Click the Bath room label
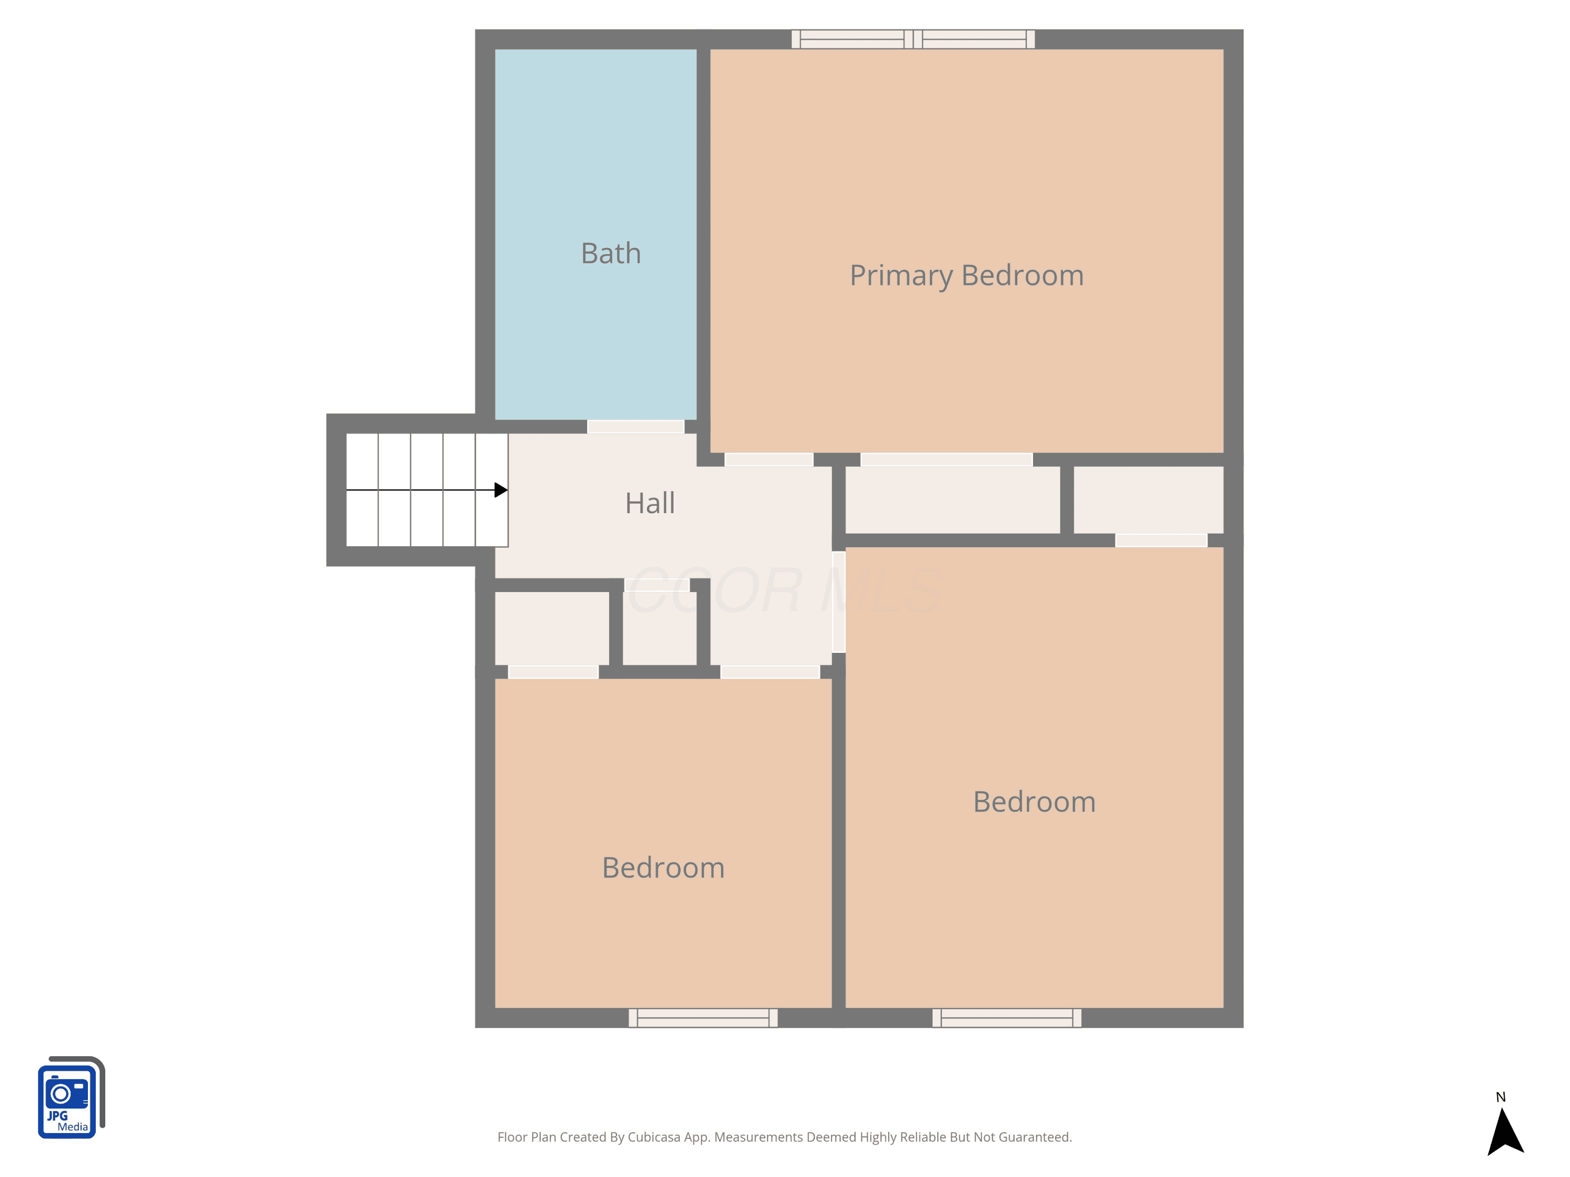[x=610, y=253]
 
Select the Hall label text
[x=649, y=503]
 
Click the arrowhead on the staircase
[x=500, y=490]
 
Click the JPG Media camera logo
[x=71, y=1097]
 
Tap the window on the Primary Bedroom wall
[x=913, y=39]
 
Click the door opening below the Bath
[x=635, y=426]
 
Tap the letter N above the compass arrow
[x=1500, y=1097]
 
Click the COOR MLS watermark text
[x=785, y=590]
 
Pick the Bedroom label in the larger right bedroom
[x=1034, y=802]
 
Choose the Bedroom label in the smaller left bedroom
[x=663, y=868]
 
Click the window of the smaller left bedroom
[x=703, y=1017]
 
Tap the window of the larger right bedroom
[x=1006, y=1017]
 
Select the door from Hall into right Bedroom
[x=838, y=602]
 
